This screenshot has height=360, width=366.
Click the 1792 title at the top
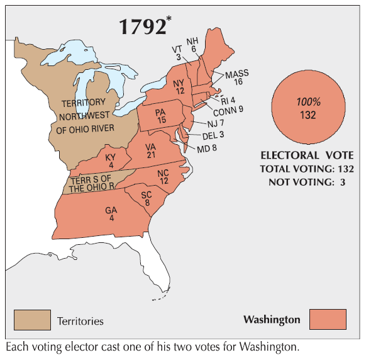[x=143, y=26]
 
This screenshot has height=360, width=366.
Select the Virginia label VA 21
[x=150, y=150]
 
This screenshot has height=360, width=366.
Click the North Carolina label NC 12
[x=163, y=177]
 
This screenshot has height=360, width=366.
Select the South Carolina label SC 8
[x=147, y=199]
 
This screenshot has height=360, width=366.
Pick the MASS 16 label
[x=237, y=77]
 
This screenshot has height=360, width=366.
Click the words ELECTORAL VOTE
[x=307, y=155]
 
